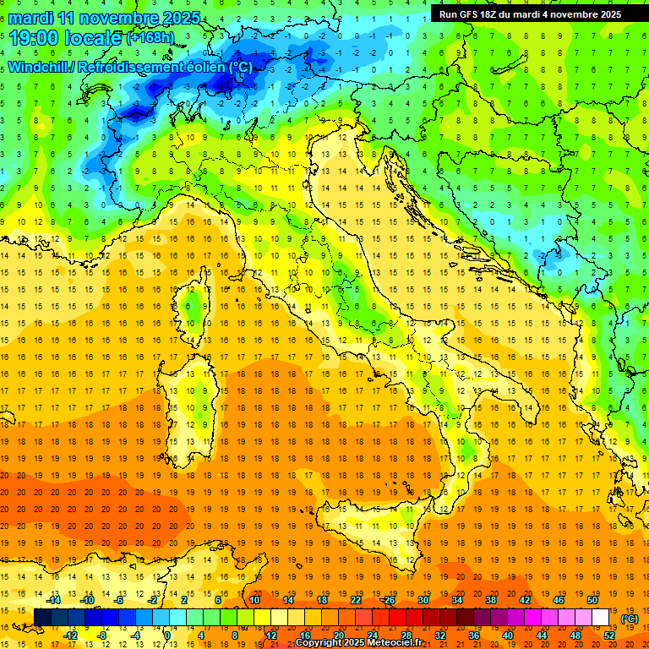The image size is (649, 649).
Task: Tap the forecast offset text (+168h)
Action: tap(151, 38)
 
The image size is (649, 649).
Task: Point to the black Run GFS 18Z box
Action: tap(530, 14)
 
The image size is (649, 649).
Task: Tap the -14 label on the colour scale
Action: tap(55, 599)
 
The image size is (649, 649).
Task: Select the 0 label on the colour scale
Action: tap(167, 635)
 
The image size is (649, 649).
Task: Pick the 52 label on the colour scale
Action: tap(608, 635)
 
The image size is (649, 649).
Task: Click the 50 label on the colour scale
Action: tap(592, 599)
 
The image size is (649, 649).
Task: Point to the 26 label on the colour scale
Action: tap(390, 599)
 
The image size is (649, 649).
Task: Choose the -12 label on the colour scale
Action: tap(71, 635)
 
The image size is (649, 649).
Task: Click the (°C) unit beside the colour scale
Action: tap(629, 619)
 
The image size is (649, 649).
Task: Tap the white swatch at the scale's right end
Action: tap(601, 617)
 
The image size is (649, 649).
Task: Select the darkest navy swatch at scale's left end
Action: tap(42, 617)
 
